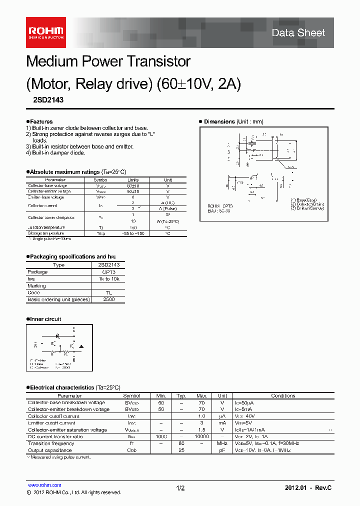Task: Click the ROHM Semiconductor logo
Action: pos(45,32)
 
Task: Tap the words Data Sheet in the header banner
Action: pos(298,33)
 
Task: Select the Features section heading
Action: pos(40,121)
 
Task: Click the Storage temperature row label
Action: pos(46,233)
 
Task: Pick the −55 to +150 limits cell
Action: pos(132,233)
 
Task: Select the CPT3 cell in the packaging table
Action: pos(108,272)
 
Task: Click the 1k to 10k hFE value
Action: pos(108,279)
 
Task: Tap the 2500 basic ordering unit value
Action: pos(108,299)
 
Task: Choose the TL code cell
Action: pos(108,293)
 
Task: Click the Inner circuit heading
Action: pos(45,319)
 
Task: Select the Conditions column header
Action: pos(283,395)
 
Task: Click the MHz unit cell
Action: pos(222,443)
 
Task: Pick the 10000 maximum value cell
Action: pos(201,436)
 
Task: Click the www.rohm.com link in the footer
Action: pos(44,485)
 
